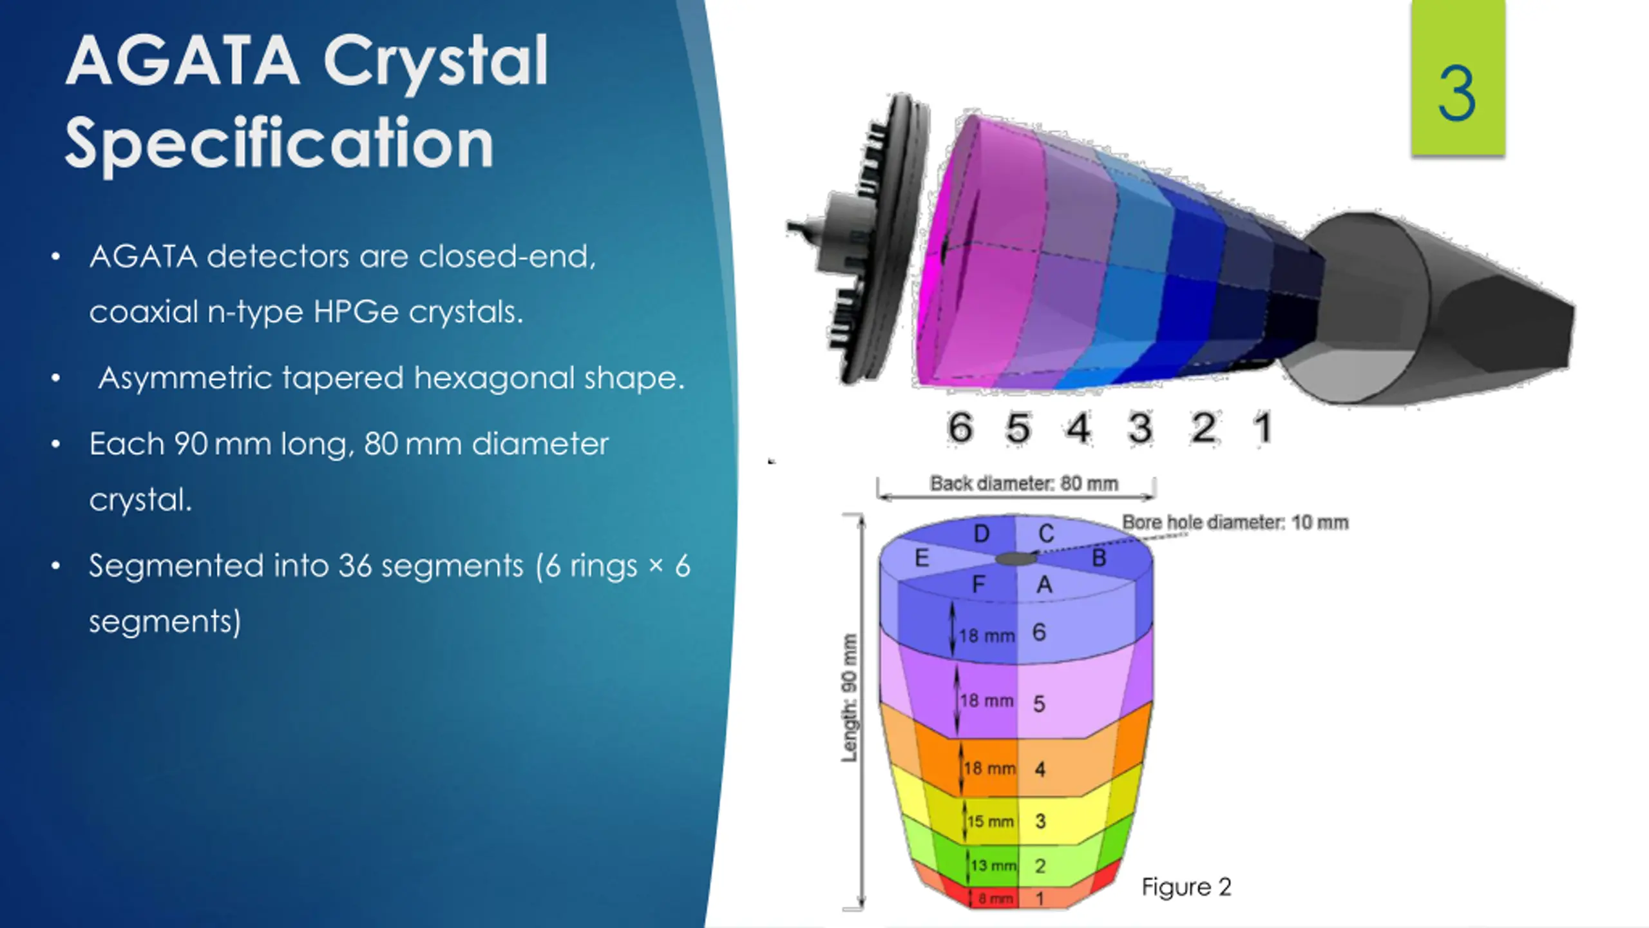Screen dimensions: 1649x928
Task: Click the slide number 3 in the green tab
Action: (x=1457, y=95)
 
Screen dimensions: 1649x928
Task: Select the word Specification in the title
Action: (x=280, y=143)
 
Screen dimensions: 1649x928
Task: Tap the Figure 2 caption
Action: (x=1186, y=887)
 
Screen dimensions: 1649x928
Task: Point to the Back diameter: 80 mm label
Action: (x=1024, y=483)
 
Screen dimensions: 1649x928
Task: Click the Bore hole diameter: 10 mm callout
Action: (x=1235, y=522)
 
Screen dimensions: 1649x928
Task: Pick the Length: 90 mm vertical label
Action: (x=850, y=698)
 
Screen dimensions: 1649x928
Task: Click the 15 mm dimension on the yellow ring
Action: (x=990, y=822)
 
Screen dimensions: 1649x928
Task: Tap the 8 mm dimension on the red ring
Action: (x=996, y=898)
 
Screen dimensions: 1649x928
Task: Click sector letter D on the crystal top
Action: (x=981, y=534)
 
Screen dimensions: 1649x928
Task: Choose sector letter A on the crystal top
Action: (x=1044, y=585)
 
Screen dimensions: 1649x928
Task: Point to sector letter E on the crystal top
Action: (x=922, y=558)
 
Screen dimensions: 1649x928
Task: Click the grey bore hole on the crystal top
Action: (x=1016, y=558)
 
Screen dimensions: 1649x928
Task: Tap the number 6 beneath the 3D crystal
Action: (x=960, y=427)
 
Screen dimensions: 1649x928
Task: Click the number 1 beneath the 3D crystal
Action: (x=1263, y=427)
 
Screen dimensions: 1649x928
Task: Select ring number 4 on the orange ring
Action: (x=1040, y=769)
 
